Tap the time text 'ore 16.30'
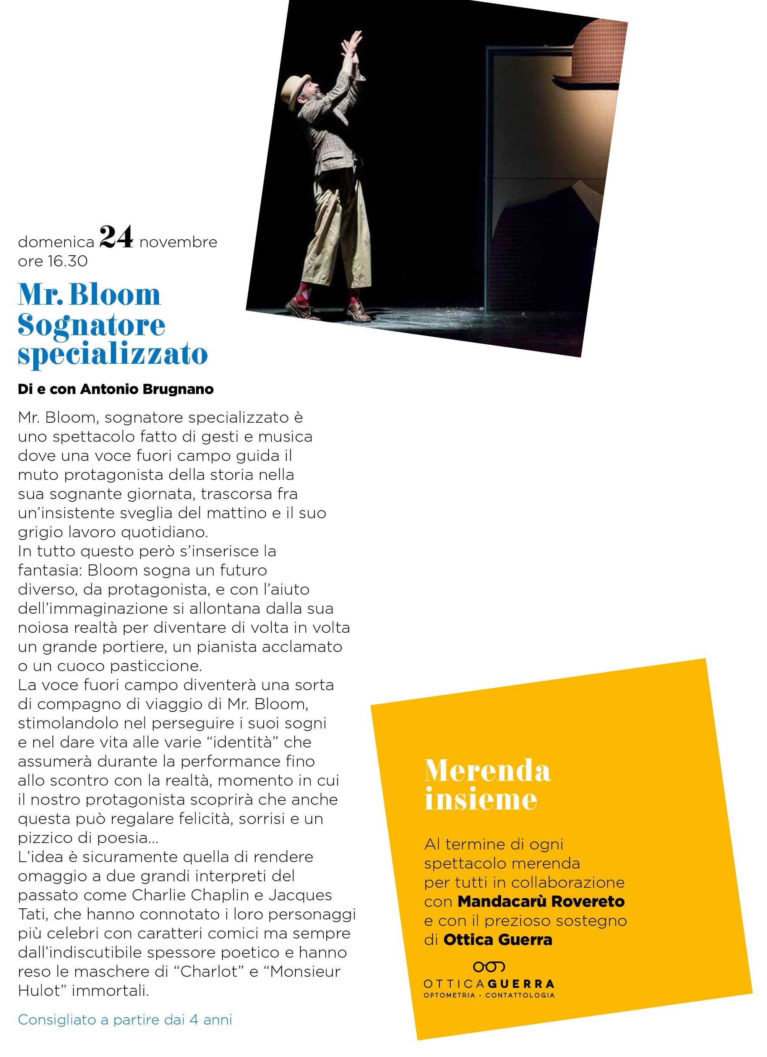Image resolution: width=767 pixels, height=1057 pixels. pyautogui.click(x=53, y=261)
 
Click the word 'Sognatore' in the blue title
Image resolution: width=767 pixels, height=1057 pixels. pyautogui.click(x=91, y=325)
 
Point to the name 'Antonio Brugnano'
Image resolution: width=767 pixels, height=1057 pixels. pyautogui.click(x=147, y=389)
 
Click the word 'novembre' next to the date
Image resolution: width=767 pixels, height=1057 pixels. pyautogui.click(x=178, y=242)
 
